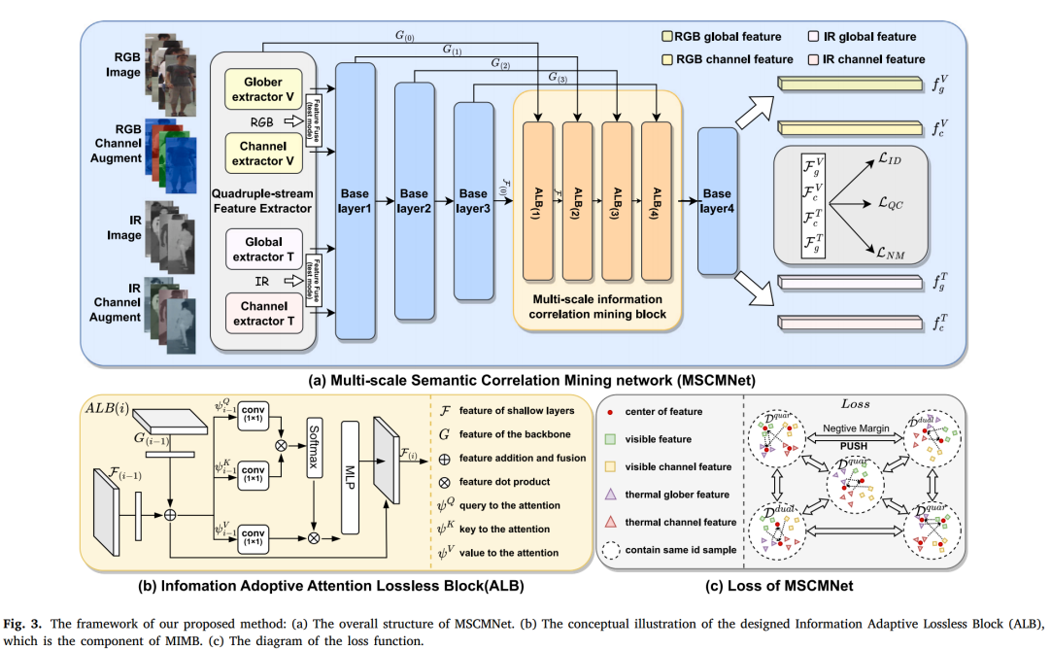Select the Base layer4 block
click(717, 200)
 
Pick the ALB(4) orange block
click(656, 201)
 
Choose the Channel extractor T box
click(263, 314)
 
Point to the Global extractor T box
click(263, 248)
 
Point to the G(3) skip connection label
click(558, 77)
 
